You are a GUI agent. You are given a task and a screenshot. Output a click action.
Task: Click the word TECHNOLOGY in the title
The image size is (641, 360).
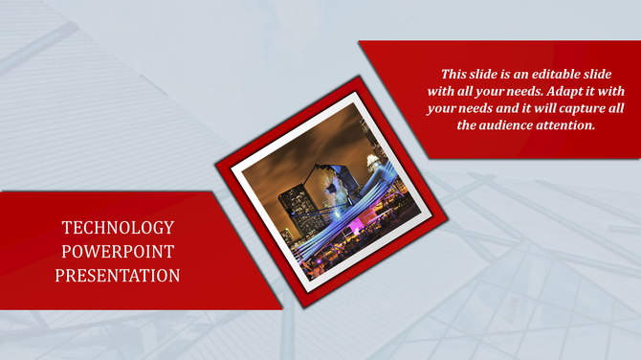pos(118,228)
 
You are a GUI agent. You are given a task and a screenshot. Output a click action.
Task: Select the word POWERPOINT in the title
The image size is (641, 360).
pos(118,252)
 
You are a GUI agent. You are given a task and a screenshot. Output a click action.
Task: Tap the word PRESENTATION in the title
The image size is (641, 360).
pos(118,276)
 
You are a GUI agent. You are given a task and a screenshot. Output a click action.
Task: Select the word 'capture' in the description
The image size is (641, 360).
pos(573,107)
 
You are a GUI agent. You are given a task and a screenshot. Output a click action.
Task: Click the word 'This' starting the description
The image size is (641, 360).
pos(455,73)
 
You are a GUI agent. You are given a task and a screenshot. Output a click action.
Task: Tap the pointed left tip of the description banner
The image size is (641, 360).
pos(359,42)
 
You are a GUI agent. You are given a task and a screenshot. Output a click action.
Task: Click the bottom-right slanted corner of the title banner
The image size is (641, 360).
pos(282,308)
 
